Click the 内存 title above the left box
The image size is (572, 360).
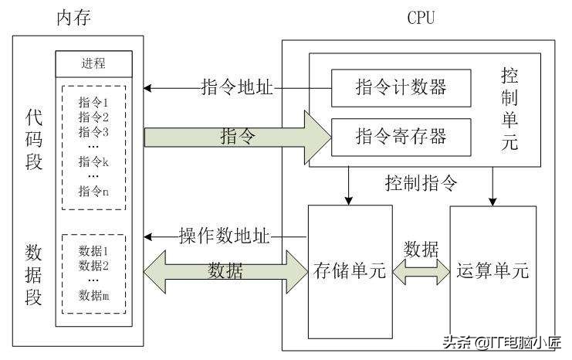point(73,17)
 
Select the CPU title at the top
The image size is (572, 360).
point(421,17)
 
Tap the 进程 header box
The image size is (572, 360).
point(93,63)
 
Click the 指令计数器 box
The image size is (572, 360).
point(401,87)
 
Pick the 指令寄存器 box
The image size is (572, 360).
point(401,137)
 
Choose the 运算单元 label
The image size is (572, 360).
point(492,271)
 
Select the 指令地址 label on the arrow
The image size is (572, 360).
point(236,87)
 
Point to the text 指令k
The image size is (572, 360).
point(93,161)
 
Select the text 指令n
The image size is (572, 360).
point(93,192)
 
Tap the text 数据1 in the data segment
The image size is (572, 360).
point(93,251)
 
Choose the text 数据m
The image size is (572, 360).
point(93,294)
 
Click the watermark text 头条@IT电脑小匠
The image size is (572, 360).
point(503,343)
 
